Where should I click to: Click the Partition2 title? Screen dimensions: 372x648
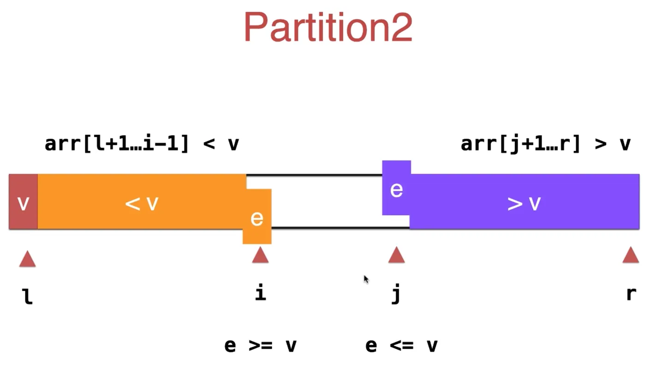coord(328,28)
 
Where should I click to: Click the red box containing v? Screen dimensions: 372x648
coord(24,202)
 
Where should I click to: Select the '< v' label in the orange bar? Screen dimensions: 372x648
coord(142,203)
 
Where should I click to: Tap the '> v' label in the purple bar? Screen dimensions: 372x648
coord(524,203)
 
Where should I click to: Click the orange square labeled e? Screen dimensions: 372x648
coord(257,217)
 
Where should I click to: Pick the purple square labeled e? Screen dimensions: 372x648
coord(397,189)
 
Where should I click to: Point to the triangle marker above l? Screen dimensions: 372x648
coord(27,259)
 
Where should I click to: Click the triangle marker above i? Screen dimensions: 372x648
coord(260,254)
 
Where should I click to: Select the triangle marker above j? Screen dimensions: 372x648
coord(396,254)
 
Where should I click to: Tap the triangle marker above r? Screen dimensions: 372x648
coord(630,254)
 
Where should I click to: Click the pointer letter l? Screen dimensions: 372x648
coord(28,296)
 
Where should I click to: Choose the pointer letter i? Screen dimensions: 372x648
coord(261,293)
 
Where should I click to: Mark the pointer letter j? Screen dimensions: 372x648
coord(396,294)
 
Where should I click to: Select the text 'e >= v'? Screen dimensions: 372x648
coord(260,345)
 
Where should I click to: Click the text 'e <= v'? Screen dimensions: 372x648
coord(401,345)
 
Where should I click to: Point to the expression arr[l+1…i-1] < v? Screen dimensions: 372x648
coord(142,144)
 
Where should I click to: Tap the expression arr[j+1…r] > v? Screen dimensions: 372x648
coord(546,144)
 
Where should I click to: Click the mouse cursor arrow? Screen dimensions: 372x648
coord(366,279)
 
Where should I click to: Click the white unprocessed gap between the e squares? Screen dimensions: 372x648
coord(327,201)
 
